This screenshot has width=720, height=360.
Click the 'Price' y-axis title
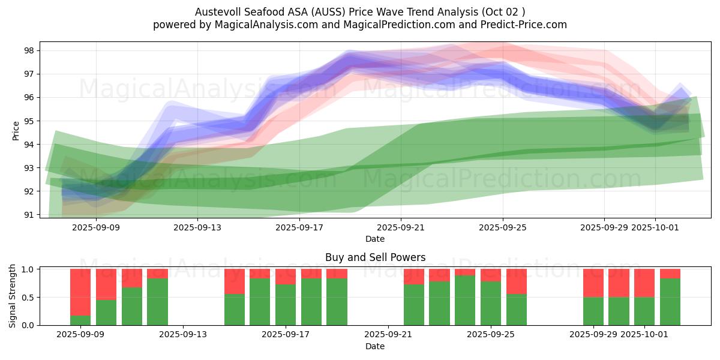pyautogui.click(x=16, y=130)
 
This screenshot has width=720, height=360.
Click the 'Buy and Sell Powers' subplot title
pyautogui.click(x=375, y=257)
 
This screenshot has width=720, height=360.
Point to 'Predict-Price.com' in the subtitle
pyautogui.click(x=520, y=25)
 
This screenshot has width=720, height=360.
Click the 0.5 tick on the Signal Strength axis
pyautogui.click(x=28, y=298)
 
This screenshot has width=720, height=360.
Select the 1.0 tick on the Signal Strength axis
pyautogui.click(x=28, y=269)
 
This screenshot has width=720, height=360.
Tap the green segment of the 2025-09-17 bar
pyautogui.click(x=286, y=305)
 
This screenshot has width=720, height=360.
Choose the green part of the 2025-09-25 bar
pyautogui.click(x=491, y=304)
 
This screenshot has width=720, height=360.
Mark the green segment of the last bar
pyautogui.click(x=670, y=302)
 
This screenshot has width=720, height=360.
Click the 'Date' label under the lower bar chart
pyautogui.click(x=375, y=346)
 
